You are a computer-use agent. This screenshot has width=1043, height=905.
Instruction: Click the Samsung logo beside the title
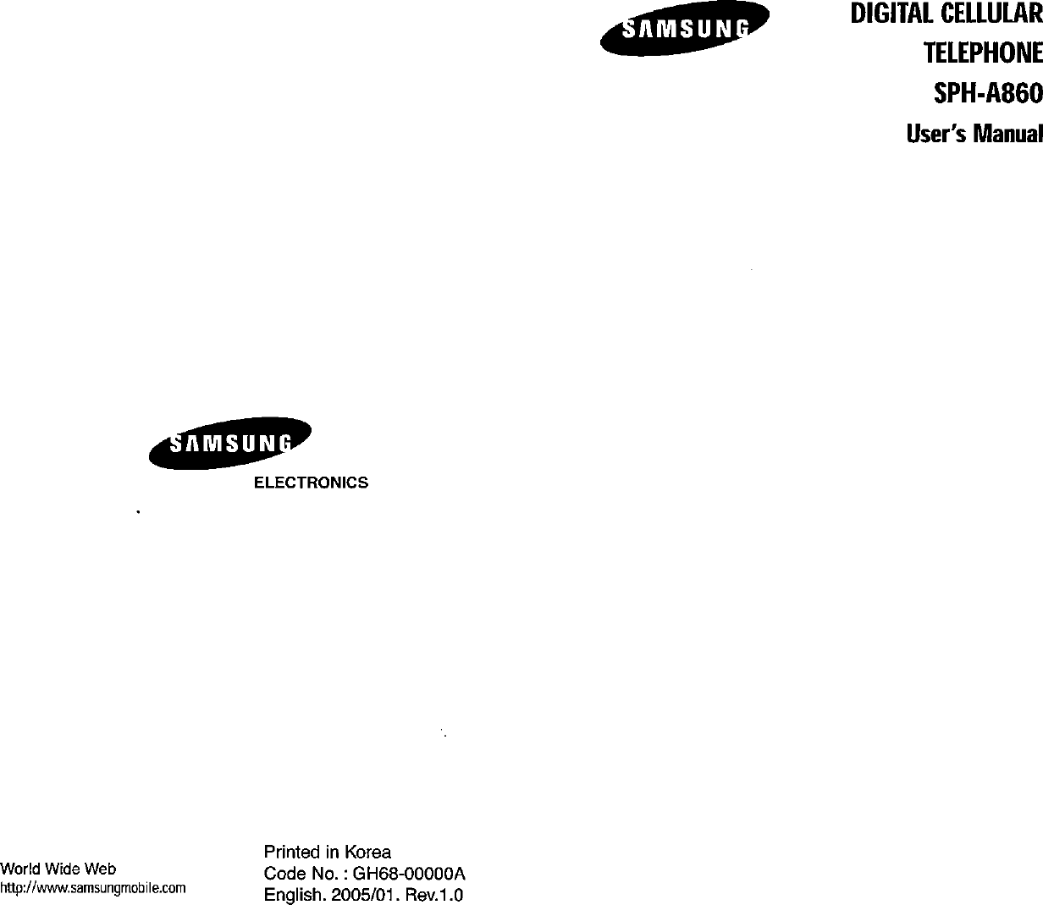tap(684, 30)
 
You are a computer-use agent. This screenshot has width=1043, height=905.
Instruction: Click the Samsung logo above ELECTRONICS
tap(230, 443)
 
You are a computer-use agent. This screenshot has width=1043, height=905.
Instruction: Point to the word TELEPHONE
tap(981, 55)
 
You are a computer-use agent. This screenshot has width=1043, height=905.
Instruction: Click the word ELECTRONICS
tap(312, 483)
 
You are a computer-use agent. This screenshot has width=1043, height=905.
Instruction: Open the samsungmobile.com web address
tap(93, 888)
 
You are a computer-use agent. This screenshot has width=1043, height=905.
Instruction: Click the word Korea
tap(367, 852)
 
